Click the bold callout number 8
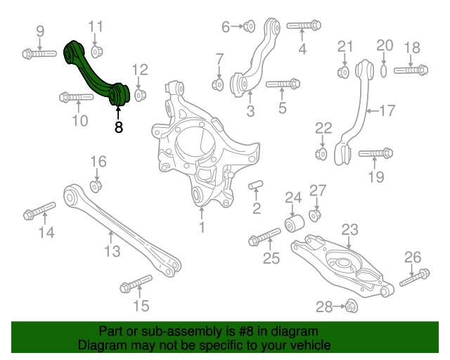118,127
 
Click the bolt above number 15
136,283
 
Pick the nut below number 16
96,186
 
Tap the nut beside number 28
352,306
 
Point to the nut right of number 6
248,27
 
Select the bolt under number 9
39,53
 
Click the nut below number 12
139,94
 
